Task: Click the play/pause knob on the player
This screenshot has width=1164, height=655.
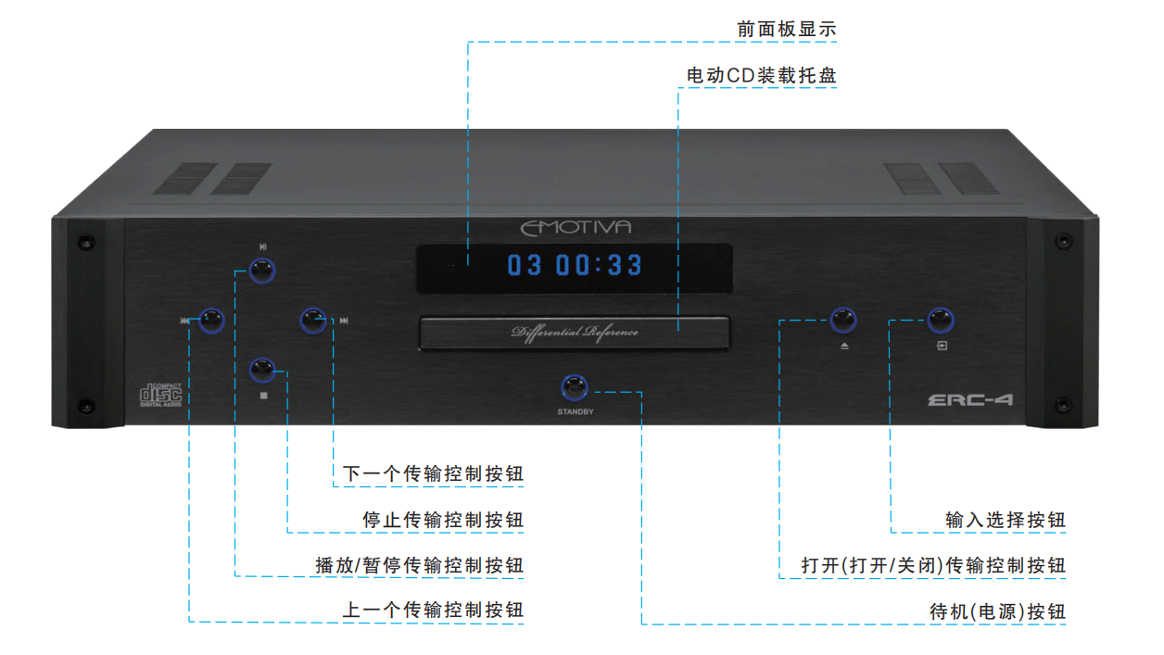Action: click(262, 271)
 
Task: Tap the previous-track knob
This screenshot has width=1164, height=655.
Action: click(211, 321)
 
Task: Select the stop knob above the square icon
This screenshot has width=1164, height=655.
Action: click(262, 371)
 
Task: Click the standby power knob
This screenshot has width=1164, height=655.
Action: click(575, 387)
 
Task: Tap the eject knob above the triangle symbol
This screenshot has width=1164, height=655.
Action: click(842, 320)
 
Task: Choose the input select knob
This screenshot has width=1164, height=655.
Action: click(941, 320)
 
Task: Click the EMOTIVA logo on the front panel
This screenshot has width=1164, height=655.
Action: click(576, 228)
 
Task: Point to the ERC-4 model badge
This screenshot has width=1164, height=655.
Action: click(970, 399)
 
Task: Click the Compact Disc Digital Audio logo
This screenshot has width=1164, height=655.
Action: click(160, 395)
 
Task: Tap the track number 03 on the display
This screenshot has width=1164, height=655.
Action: click(525, 265)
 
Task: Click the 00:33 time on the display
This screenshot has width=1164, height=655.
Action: click(600, 265)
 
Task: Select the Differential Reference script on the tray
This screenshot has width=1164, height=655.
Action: click(575, 333)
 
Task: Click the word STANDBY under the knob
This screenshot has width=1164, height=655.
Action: click(576, 412)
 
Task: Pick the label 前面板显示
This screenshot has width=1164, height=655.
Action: click(787, 29)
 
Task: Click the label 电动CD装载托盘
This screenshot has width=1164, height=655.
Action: click(762, 75)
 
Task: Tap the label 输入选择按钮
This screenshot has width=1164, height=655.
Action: click(1006, 520)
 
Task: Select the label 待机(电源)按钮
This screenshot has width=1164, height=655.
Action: click(998, 611)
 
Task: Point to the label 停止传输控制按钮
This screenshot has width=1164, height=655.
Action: click(443, 520)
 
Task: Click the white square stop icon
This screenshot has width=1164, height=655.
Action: click(263, 396)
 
